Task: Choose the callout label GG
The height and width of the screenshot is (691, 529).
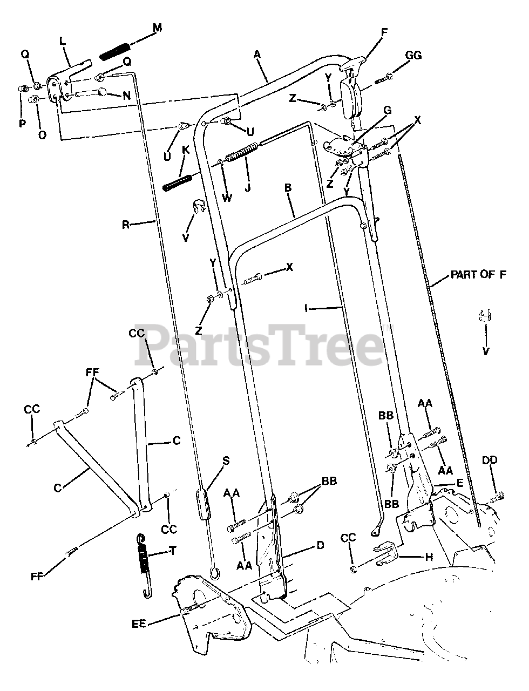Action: (x=413, y=56)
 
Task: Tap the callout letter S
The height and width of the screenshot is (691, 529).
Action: (x=226, y=460)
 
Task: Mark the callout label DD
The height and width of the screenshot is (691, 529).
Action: (x=490, y=460)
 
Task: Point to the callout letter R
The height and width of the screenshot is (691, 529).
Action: (x=126, y=225)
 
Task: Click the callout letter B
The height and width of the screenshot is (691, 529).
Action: (x=288, y=188)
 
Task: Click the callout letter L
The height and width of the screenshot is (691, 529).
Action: (x=63, y=40)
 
